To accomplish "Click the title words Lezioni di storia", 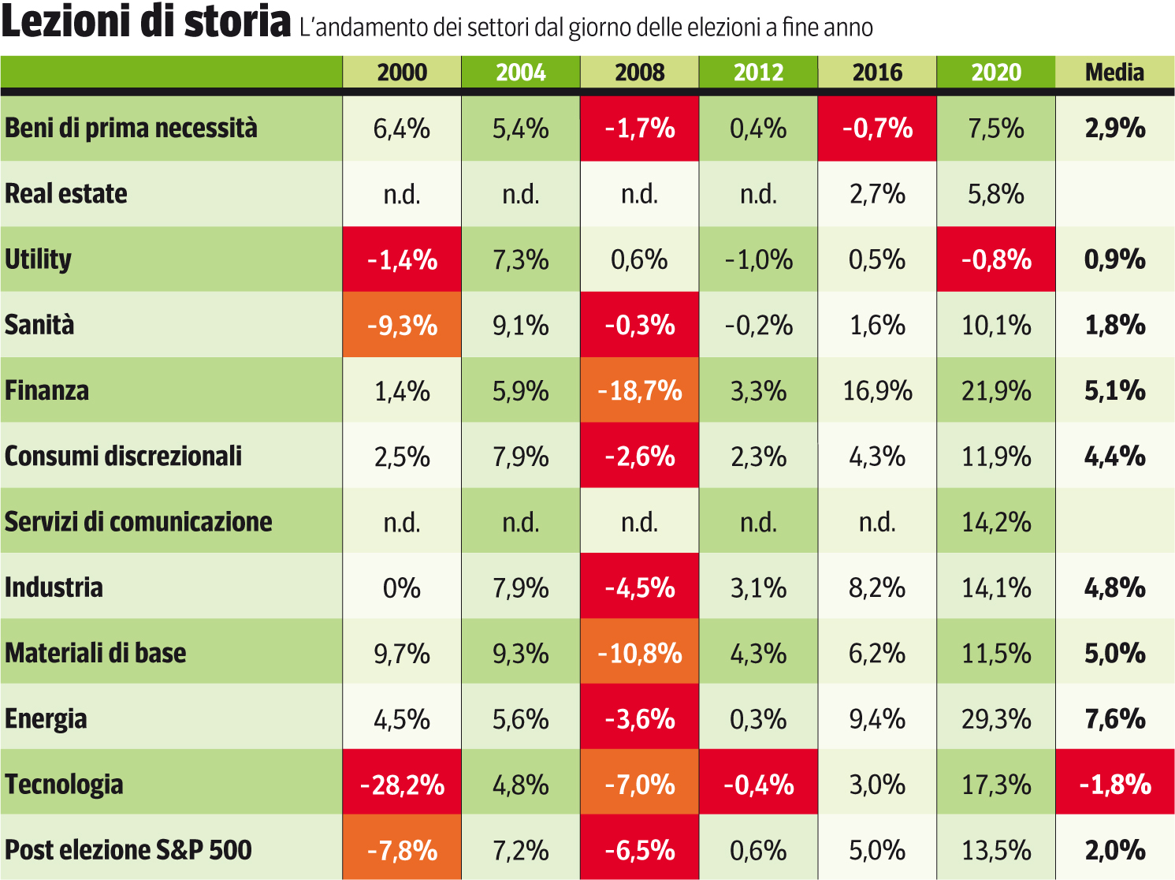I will tap(147, 22).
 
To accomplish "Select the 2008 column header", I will tap(640, 73).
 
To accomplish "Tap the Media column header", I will tap(1114, 73).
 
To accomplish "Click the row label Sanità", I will tap(39, 325).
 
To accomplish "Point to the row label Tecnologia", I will tap(64, 785).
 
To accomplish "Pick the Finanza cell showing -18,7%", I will tap(640, 390).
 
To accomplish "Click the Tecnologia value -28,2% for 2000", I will tap(402, 785).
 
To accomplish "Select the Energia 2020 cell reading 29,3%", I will tap(996, 719).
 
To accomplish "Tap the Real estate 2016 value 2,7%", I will tap(877, 194).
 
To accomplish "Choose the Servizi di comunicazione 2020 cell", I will tap(996, 522).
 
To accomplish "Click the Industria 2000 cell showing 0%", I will tap(402, 587).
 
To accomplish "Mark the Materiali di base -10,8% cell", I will tap(640, 653).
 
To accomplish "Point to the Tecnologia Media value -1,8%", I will tap(1114, 785).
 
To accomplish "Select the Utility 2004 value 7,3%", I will tap(521, 259).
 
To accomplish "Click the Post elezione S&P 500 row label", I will tap(128, 850).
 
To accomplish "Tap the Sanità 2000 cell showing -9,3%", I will tap(402, 325).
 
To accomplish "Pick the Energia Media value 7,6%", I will tap(1114, 719).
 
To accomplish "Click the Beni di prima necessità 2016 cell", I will tap(877, 129).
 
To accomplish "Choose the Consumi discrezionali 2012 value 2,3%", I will tap(758, 457).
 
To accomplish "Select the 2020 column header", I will tap(996, 73).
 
